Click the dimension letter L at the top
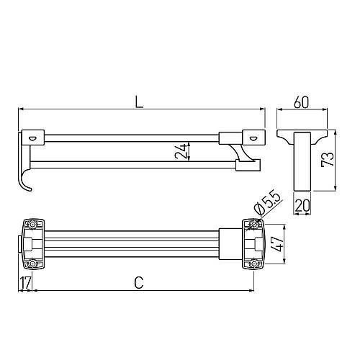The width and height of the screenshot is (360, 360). pos(139,102)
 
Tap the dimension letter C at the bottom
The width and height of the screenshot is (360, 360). pos(139,282)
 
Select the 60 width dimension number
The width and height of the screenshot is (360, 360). pos(301,102)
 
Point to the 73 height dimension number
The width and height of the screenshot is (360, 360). pos(328,159)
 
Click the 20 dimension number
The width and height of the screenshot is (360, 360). pos(302,205)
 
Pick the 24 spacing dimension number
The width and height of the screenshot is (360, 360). pos(181,151)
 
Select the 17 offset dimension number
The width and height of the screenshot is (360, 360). pos(25,283)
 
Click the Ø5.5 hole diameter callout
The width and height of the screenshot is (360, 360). pos(268,203)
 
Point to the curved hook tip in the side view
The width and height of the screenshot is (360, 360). pos(30,189)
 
